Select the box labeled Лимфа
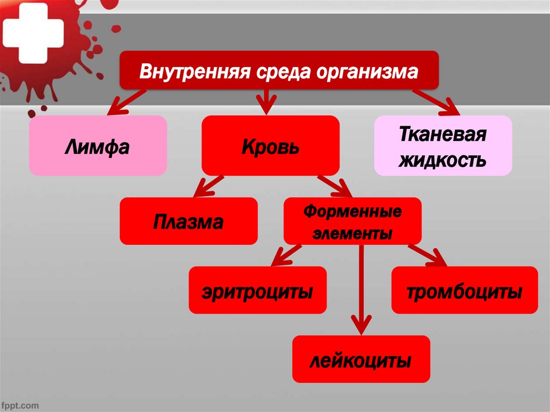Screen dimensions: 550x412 click(x=98, y=146)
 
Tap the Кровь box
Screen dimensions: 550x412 click(x=270, y=146)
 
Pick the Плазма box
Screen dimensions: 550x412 click(x=189, y=221)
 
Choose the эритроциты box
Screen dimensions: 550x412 click(x=257, y=290)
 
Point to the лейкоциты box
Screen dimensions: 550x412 click(x=361, y=359)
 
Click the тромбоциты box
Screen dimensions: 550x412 click(x=464, y=290)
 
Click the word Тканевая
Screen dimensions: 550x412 click(x=443, y=134)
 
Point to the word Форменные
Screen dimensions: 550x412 click(x=352, y=211)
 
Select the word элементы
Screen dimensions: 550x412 click(x=352, y=234)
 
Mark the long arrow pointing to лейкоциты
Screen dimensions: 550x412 click(x=361, y=290)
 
